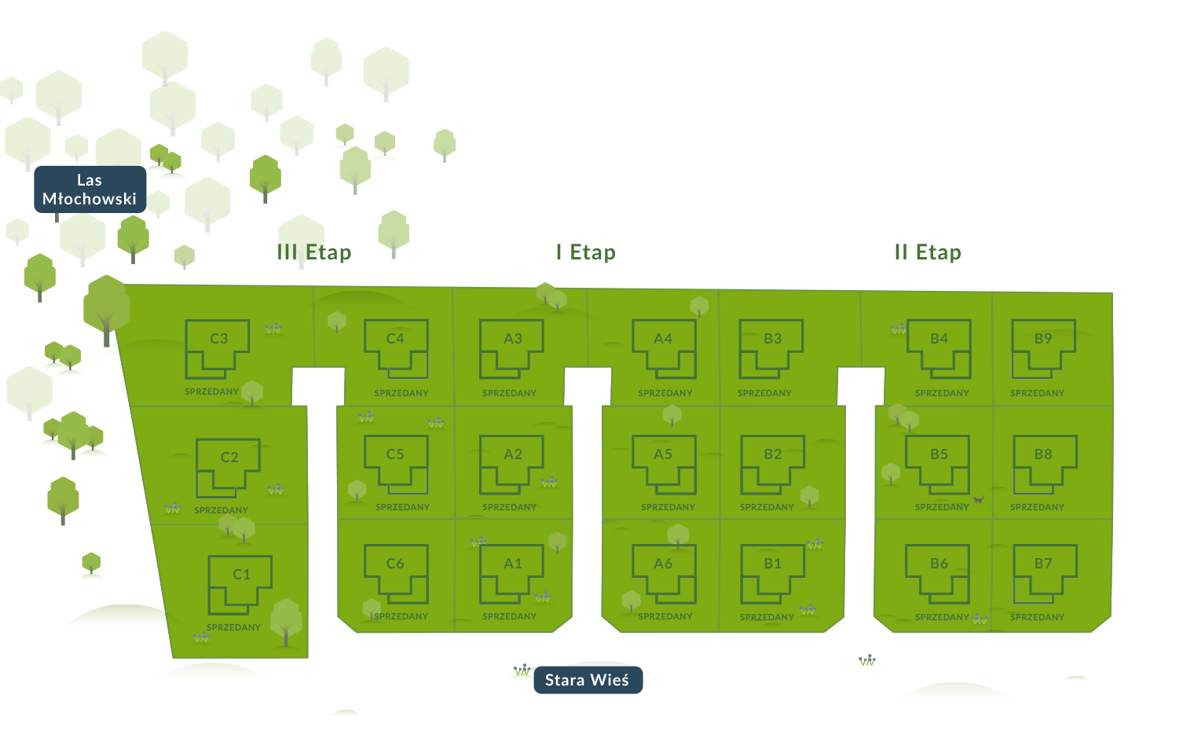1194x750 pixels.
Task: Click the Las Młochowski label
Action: point(90,189)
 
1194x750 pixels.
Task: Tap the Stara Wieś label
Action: point(588,680)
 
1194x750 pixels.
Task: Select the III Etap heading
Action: point(314,252)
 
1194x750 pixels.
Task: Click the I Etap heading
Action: point(586,252)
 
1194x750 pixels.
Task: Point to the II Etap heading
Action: point(928,252)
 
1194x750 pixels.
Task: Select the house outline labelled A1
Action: point(481,574)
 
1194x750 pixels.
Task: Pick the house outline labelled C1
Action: point(210,585)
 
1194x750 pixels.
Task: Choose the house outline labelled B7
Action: point(1014,574)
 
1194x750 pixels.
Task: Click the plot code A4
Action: point(663,339)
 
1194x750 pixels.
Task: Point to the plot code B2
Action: point(773,454)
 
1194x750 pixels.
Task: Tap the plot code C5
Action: point(395,454)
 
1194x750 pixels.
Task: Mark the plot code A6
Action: point(663,564)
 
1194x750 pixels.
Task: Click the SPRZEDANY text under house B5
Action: point(942,507)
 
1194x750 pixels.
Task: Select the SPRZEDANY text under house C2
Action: point(222,510)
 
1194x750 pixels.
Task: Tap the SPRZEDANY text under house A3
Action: point(510,393)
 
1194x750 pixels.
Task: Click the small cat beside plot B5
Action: point(979,500)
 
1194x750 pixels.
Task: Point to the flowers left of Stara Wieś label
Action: point(522,670)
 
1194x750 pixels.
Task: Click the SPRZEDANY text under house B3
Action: point(764,393)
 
